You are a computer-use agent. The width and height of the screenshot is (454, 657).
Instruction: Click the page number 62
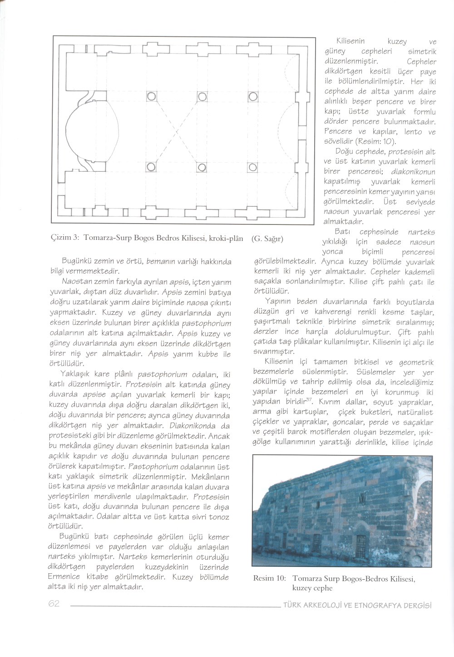click(54, 604)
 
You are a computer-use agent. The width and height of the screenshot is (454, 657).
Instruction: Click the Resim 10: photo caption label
click(270, 578)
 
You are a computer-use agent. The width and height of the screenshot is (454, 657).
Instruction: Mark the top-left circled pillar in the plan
click(151, 97)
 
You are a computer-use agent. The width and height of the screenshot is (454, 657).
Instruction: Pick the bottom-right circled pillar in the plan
click(252, 168)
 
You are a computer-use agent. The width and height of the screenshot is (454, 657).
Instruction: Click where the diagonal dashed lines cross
click(177, 132)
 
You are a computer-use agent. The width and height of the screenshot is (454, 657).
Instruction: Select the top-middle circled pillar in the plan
click(202, 97)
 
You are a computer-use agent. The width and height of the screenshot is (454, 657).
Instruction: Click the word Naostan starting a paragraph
click(75, 282)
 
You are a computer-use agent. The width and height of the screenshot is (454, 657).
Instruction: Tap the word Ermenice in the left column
click(64, 577)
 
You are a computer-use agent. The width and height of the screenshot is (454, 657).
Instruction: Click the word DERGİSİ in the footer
click(417, 605)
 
